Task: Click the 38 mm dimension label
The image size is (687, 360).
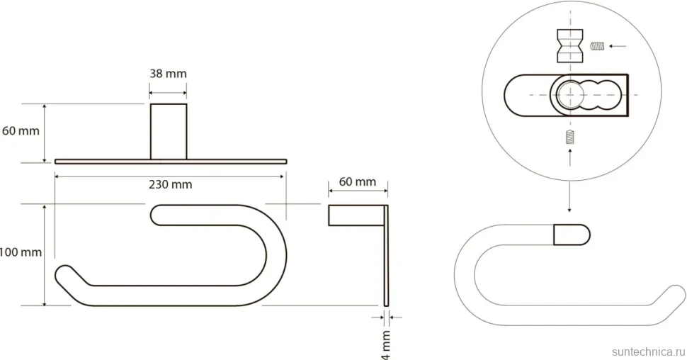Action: [x=169, y=73]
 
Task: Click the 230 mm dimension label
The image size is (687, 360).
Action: [x=171, y=184]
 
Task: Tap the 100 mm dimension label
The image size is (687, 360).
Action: [x=20, y=252]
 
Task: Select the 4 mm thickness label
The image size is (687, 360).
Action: [x=386, y=345]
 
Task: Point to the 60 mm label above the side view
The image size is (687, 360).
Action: [x=358, y=181]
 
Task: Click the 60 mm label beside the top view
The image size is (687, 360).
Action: [x=20, y=130]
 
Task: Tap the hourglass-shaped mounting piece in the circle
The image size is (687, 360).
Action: [x=570, y=45]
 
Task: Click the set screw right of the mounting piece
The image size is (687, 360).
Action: [x=597, y=45]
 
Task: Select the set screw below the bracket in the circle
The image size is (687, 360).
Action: [x=569, y=137]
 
